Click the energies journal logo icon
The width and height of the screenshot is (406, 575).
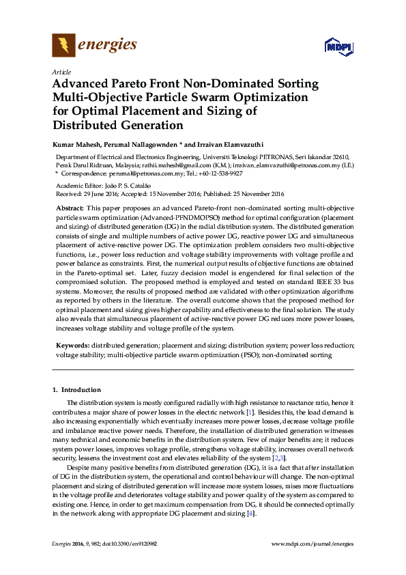(x=63, y=46)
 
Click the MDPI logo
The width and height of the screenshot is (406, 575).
(x=338, y=47)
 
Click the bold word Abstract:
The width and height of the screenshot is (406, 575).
(x=70, y=207)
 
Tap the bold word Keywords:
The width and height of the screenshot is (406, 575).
(x=72, y=346)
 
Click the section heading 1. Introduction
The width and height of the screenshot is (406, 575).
(x=76, y=390)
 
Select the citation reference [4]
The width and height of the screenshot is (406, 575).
(x=250, y=514)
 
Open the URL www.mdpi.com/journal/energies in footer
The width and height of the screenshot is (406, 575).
(x=313, y=543)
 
